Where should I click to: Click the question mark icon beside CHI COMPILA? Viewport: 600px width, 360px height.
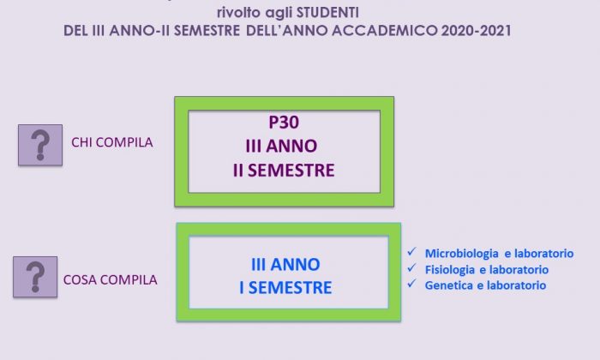click(40, 145)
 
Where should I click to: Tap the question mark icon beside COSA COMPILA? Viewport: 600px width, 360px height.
click(35, 277)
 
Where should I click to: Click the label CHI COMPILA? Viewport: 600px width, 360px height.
click(112, 142)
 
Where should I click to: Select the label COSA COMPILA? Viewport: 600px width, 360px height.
click(111, 279)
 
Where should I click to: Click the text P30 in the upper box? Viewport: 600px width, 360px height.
click(284, 123)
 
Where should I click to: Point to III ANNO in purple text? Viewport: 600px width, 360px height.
click(281, 146)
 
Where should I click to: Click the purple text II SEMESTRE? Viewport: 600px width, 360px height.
click(284, 171)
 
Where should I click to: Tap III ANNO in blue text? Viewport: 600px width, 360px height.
click(285, 264)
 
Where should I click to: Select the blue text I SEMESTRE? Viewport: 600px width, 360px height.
click(285, 288)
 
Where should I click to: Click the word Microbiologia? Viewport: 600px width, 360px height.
click(462, 253)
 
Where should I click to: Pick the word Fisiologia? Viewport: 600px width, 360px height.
click(450, 270)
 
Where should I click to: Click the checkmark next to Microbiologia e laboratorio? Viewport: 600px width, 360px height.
click(411, 252)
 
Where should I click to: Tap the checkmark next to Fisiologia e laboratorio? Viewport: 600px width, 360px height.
click(411, 267)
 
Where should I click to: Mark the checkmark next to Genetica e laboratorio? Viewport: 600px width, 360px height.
click(411, 284)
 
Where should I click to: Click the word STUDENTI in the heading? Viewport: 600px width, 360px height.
click(327, 13)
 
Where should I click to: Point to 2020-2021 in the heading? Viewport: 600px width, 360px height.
click(476, 31)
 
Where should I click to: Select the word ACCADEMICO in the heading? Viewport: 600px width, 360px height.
click(385, 31)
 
